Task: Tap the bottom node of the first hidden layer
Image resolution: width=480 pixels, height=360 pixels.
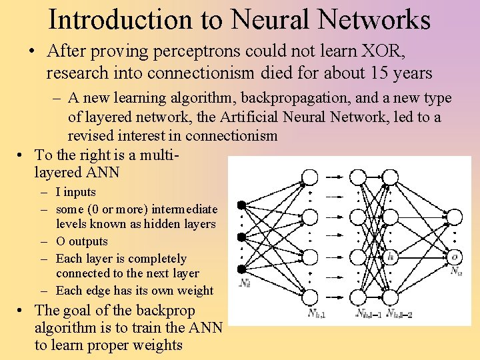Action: [310, 297]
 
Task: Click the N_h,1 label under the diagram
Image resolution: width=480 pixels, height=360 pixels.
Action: [317, 313]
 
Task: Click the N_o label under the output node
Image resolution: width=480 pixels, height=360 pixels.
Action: [456, 271]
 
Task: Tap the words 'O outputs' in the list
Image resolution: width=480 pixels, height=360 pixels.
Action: [81, 241]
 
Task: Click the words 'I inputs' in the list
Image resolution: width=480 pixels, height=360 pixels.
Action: [75, 192]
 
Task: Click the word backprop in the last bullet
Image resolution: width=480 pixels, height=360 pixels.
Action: [165, 311]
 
